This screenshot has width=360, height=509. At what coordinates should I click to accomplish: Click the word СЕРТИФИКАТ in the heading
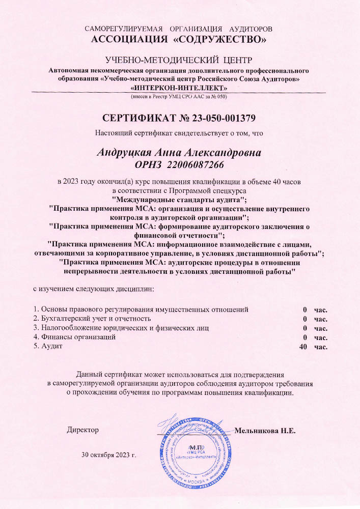[x=138, y=118]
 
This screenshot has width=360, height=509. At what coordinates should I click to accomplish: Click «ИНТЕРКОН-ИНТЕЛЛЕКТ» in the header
[x=179, y=88]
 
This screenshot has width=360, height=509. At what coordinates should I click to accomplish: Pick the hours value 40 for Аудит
[x=303, y=347]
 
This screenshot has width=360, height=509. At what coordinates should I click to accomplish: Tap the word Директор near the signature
[x=83, y=430]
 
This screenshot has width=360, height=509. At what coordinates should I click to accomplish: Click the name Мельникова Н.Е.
[x=265, y=430]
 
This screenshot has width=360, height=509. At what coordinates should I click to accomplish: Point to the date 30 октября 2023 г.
[x=109, y=455]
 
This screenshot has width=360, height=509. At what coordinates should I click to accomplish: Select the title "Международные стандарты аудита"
[x=179, y=199]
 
